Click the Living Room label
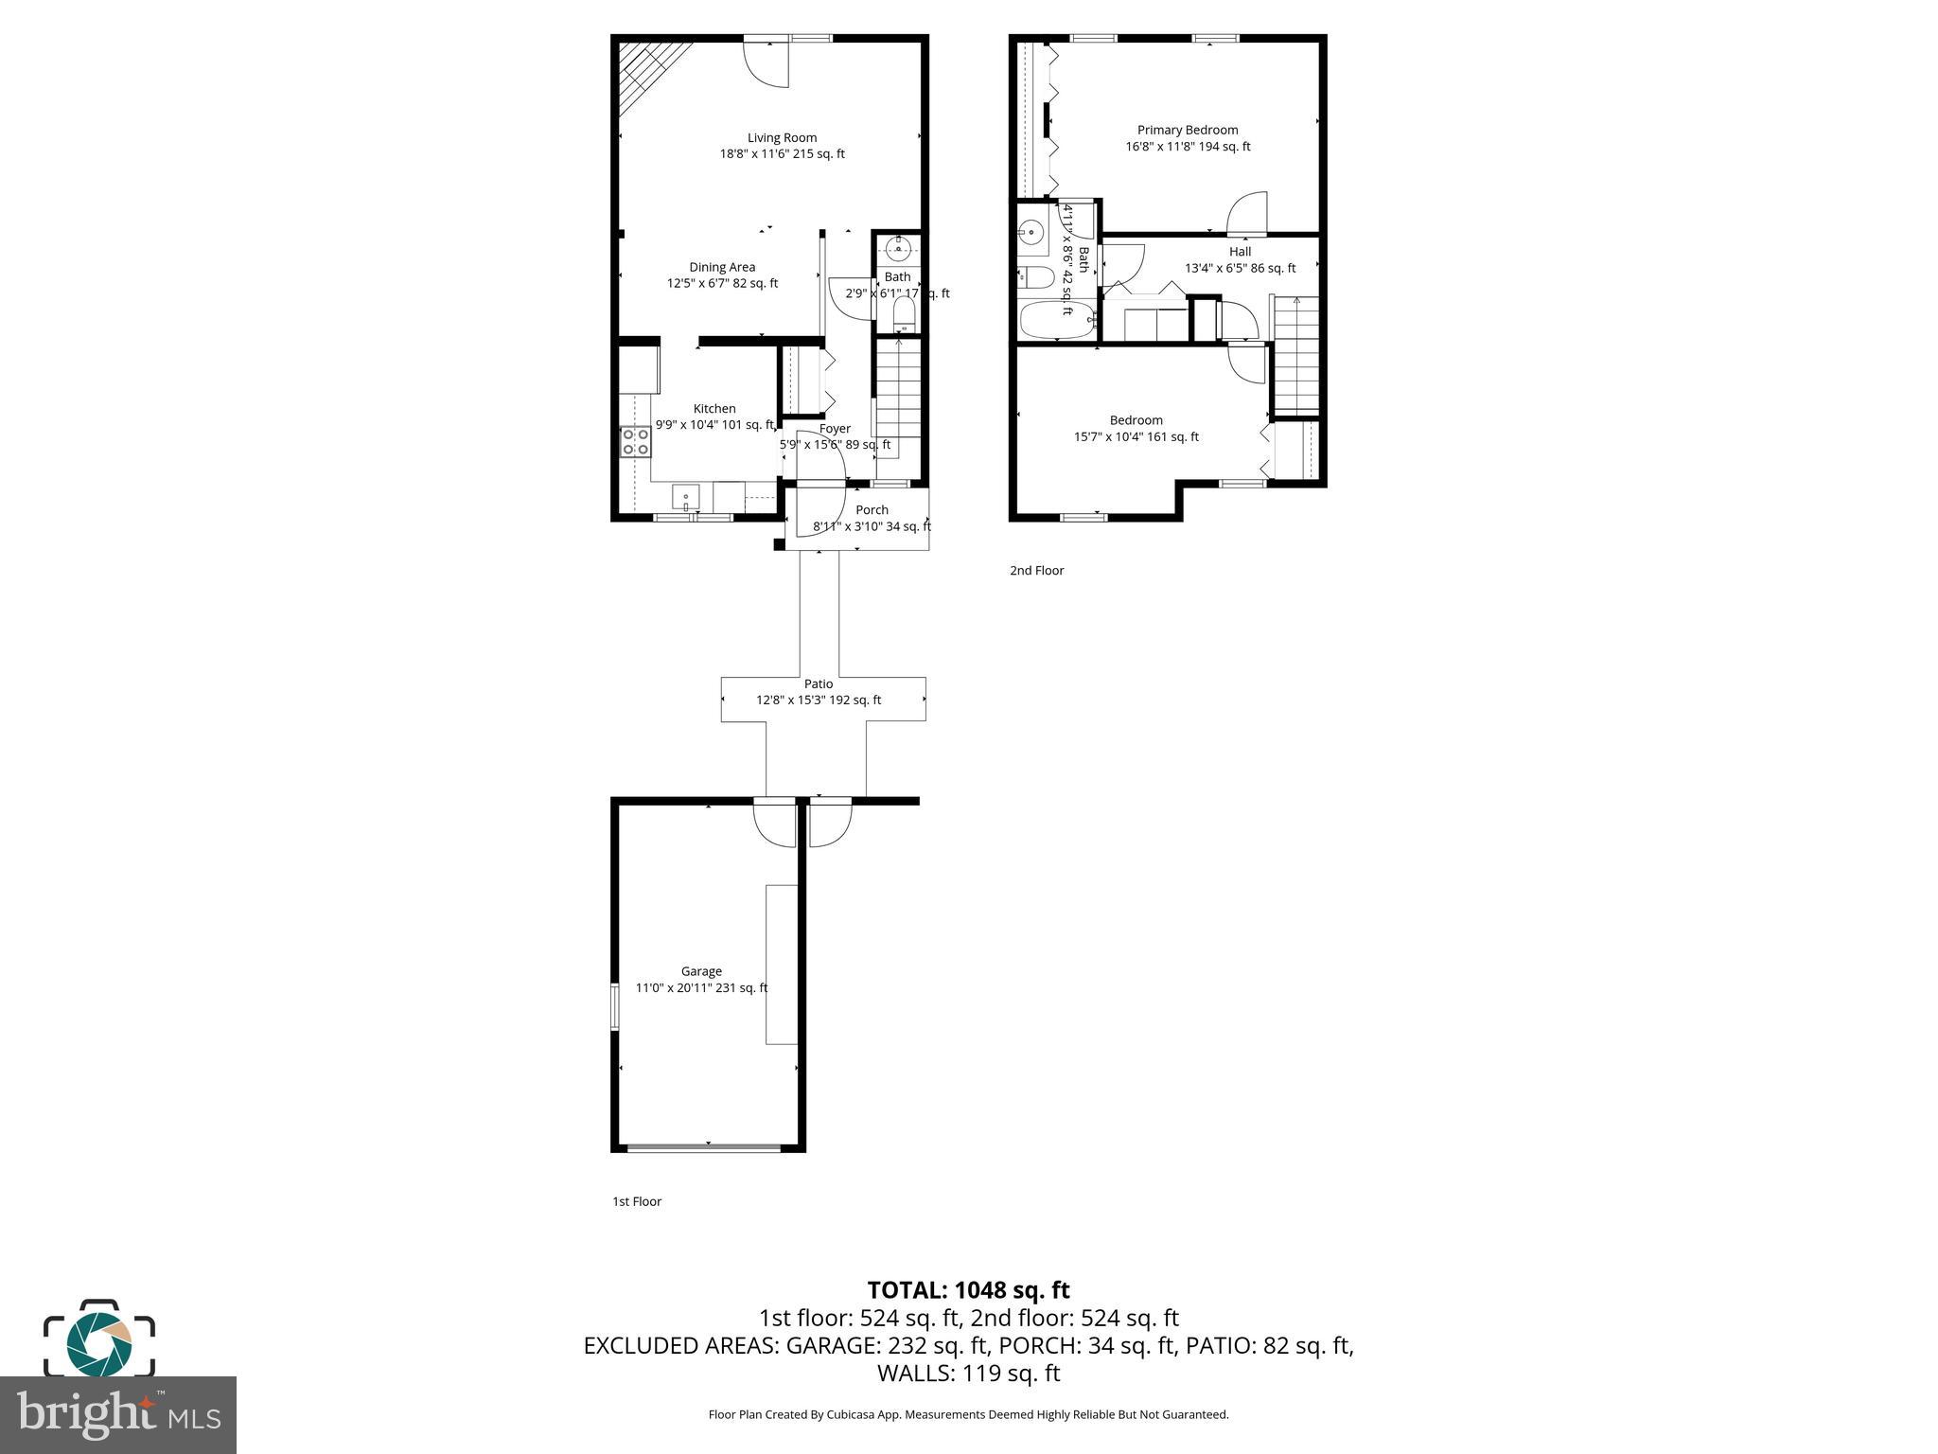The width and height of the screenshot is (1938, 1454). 782,138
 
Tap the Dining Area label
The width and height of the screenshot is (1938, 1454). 722,268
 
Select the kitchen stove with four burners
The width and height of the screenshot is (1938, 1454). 636,442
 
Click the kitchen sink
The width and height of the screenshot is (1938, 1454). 685,496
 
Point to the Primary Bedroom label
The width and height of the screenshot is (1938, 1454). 1187,131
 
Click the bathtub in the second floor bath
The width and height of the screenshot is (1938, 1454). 1056,321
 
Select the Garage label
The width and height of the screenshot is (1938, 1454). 701,971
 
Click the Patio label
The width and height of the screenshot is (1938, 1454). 819,683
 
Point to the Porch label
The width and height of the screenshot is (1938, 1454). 872,510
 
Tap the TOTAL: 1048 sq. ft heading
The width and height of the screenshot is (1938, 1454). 968,1289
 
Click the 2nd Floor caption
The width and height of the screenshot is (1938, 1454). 1036,571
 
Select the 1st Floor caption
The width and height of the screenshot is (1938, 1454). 637,1201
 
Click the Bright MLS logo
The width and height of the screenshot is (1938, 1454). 118,1414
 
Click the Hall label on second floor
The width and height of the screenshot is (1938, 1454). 1240,252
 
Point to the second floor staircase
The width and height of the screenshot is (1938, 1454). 1295,355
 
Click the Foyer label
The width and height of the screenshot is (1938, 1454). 835,429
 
